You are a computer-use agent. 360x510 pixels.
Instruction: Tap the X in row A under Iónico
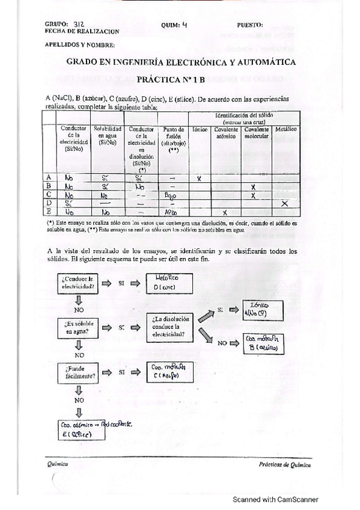tap(198, 179)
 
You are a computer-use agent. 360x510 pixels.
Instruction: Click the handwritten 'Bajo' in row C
tap(171, 195)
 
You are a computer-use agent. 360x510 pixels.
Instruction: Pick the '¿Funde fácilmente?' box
tap(76, 372)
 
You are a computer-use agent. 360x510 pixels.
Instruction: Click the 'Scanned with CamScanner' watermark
tap(276, 499)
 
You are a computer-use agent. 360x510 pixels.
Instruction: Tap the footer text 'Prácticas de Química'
tap(285, 464)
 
